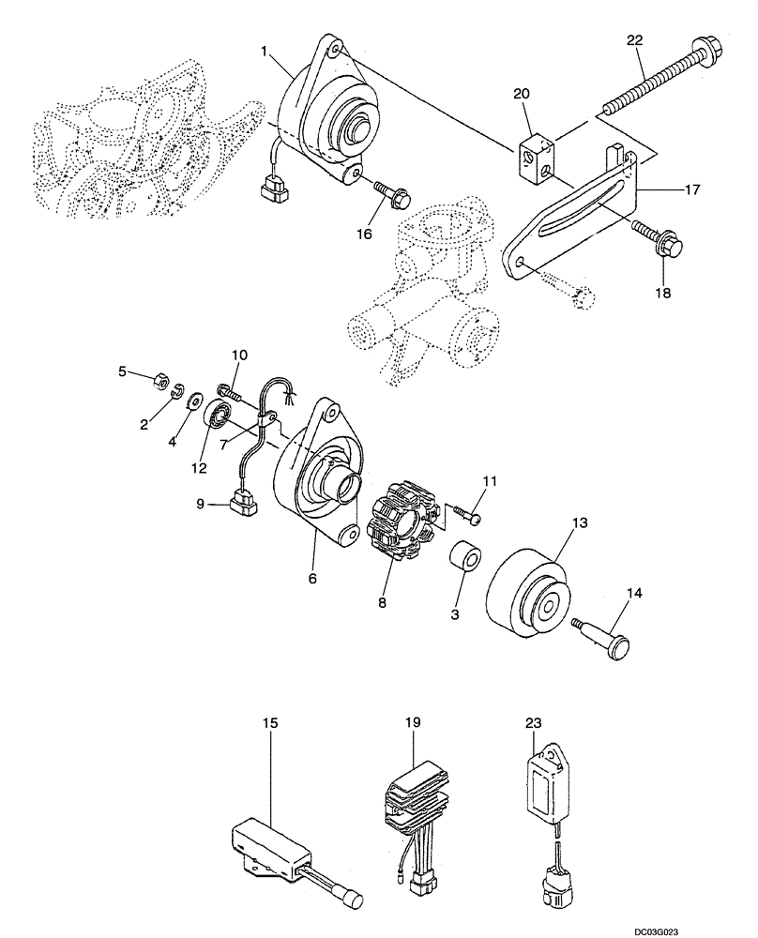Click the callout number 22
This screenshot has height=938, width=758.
[x=635, y=40]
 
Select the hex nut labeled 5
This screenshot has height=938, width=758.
[x=159, y=382]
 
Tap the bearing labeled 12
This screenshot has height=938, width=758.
[x=218, y=413]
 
